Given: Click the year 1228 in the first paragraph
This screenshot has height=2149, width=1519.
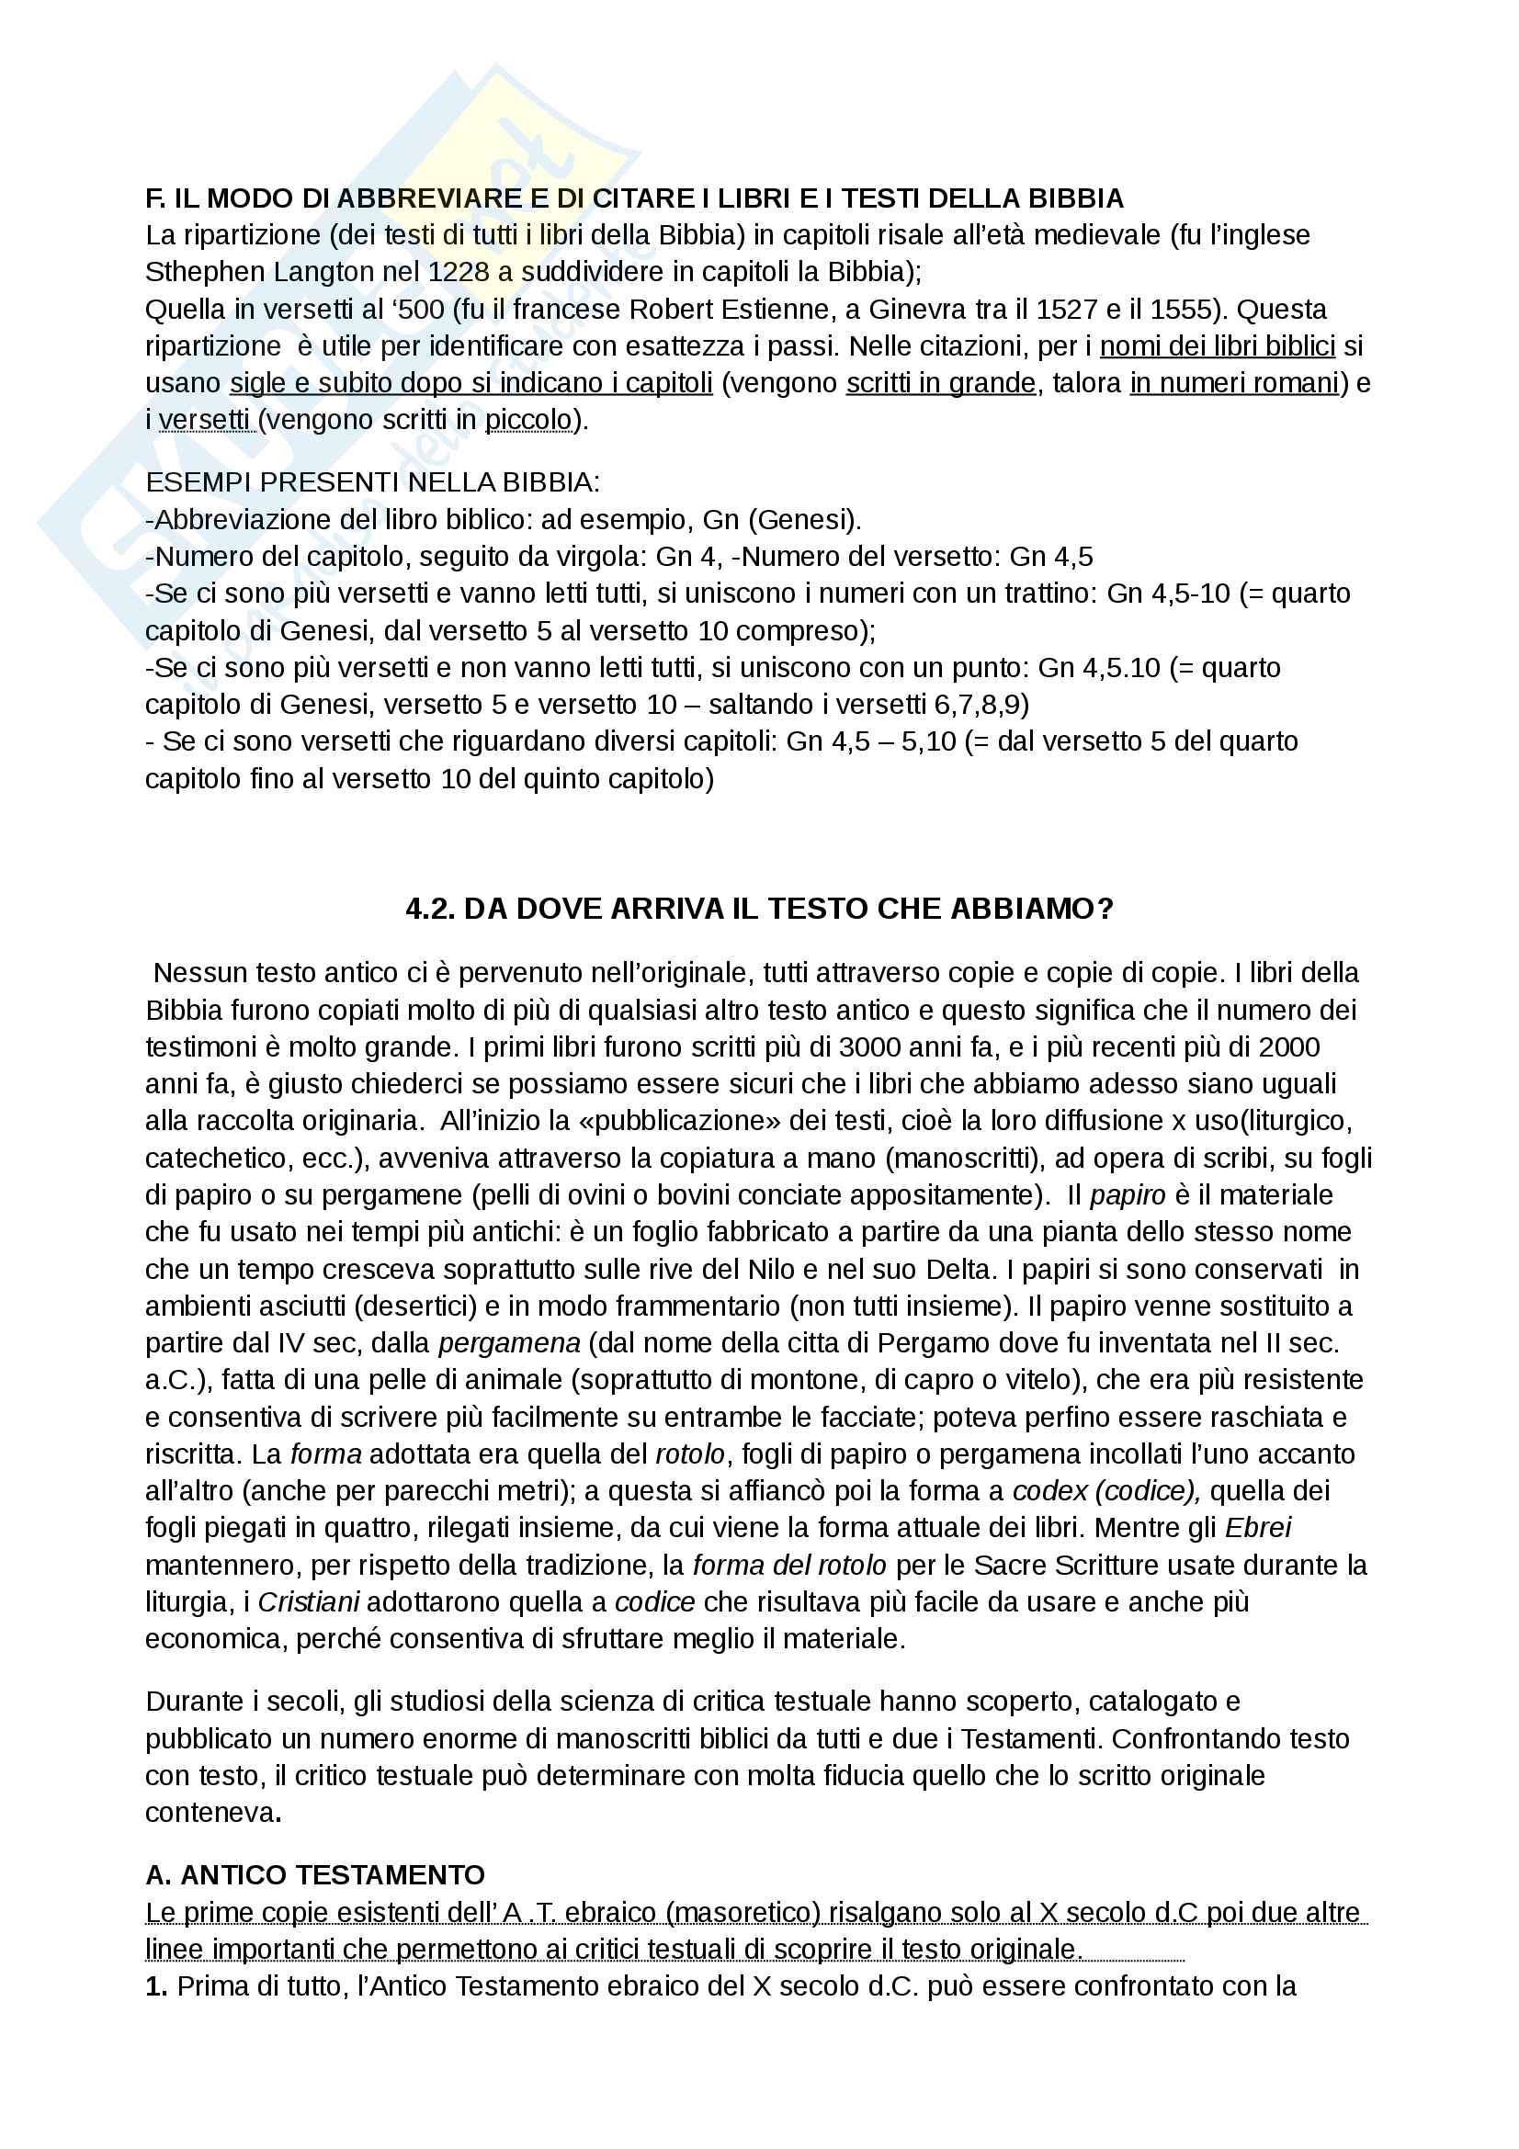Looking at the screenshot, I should pyautogui.click(x=459, y=272).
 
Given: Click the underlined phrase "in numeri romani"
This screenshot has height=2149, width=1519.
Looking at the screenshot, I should pyautogui.click(x=1234, y=384).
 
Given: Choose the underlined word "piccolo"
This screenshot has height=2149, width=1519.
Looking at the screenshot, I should pyautogui.click(x=527, y=420).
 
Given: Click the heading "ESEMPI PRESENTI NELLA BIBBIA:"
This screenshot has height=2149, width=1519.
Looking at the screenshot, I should pyautogui.click(x=372, y=483).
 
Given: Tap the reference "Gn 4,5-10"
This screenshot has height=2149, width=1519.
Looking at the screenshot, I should pyautogui.click(x=1168, y=594).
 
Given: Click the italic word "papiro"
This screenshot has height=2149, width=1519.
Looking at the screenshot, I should pyautogui.click(x=1128, y=1195).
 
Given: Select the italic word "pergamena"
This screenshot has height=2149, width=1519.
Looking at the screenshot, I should pyautogui.click(x=509, y=1344).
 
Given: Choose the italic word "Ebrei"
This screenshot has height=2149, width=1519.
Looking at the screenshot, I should pyautogui.click(x=1258, y=1529).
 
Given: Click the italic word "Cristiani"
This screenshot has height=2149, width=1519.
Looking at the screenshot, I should pyautogui.click(x=309, y=1602).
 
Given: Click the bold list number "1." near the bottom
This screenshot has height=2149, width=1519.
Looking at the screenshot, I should pyautogui.click(x=156, y=2002).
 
